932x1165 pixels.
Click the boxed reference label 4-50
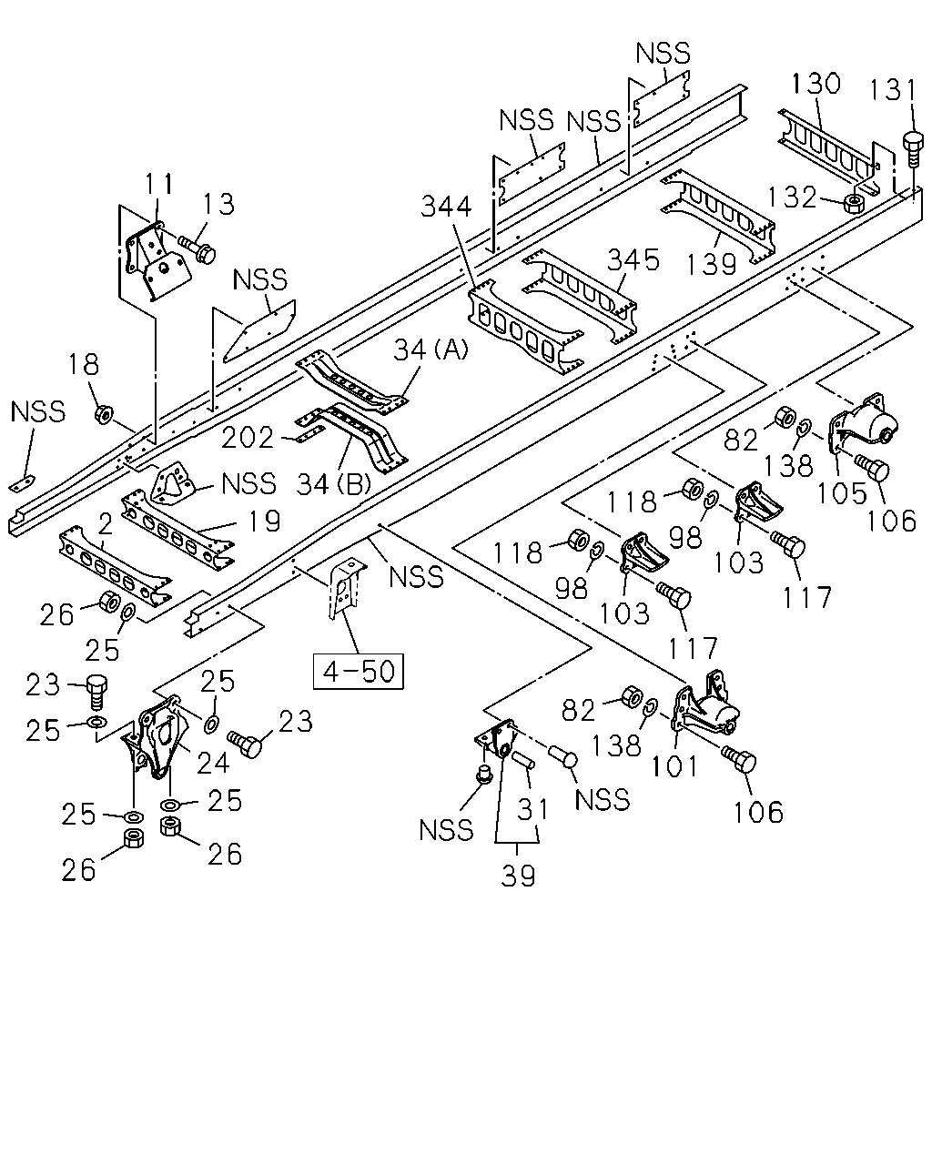tap(359, 672)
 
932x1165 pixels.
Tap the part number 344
tap(446, 207)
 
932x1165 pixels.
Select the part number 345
tap(633, 260)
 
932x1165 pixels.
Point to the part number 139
tap(711, 265)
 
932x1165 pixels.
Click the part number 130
tap(815, 84)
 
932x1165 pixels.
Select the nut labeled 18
tap(104, 415)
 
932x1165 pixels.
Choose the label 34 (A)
tap(431, 350)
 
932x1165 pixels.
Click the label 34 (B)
tap(334, 484)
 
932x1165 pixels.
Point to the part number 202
tap(247, 438)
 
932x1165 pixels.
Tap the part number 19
tap(263, 521)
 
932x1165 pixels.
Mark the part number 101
tap(674, 766)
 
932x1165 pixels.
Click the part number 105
tap(841, 493)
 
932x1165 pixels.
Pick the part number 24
tap(213, 762)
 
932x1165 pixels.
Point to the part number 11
tap(159, 184)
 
